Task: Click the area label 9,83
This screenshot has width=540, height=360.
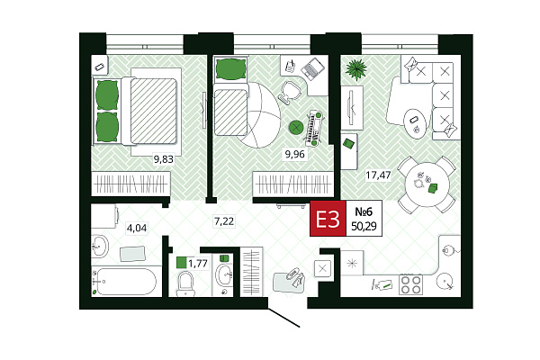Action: click(164, 159)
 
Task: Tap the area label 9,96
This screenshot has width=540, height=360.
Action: click(295, 154)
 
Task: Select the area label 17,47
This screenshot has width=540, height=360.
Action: click(378, 175)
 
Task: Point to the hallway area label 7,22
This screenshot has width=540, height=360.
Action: click(224, 221)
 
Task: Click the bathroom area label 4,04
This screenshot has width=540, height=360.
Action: click(137, 228)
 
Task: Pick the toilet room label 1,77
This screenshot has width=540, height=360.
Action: click(198, 264)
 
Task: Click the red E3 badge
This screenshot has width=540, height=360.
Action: click(328, 219)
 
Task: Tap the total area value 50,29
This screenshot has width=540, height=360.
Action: click(364, 226)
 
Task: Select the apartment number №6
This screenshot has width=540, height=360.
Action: click(364, 211)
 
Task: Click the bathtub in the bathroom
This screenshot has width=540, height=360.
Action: click(126, 282)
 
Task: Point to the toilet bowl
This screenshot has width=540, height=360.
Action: click(186, 283)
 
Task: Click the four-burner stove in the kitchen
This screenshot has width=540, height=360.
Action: click(411, 284)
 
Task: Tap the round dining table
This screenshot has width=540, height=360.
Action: click(427, 184)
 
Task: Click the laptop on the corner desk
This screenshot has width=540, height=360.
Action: click(312, 68)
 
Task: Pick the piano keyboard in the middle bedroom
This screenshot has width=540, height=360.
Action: click(315, 127)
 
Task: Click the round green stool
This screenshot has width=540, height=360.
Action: click(296, 128)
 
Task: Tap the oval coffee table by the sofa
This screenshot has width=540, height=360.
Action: click(415, 124)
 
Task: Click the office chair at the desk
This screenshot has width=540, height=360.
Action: click(291, 91)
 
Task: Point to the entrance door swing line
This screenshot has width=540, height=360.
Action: click(283, 317)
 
